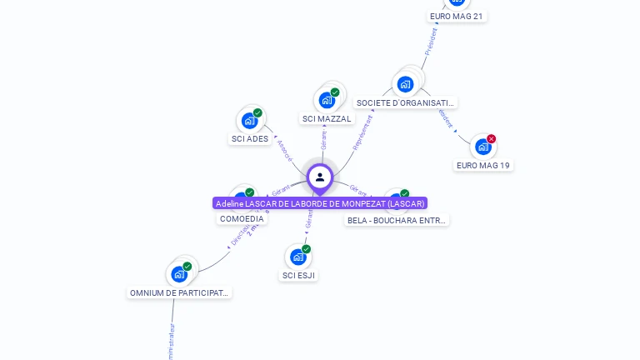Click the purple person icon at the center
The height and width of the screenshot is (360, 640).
coord(320,177)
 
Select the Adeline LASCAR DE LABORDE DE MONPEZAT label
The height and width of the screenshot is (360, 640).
coord(320,203)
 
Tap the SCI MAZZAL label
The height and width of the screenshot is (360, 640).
coord(327,118)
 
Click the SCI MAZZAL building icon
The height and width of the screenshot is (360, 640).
coord(327,100)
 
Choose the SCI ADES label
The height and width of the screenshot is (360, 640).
coord(250,138)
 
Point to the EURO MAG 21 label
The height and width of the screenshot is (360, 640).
coord(456,16)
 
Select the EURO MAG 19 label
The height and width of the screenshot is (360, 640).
coord(483,165)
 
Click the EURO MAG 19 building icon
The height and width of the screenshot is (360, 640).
coord(482,147)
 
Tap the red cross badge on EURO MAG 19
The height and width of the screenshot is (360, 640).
coord(491,139)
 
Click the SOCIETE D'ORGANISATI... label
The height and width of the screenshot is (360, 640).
coord(405,102)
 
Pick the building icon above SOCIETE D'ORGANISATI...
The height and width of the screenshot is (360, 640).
coord(406,83)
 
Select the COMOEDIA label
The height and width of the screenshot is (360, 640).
coord(242,218)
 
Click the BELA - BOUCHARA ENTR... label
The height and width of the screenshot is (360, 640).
coord(397,220)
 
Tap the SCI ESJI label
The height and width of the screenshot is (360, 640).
coord(299,275)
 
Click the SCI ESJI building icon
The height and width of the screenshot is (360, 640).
coord(298,257)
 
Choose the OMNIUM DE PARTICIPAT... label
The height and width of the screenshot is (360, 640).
coord(179,292)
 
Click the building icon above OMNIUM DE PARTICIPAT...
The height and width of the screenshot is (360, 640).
coord(179,273)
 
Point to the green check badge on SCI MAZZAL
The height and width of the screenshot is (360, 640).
coord(335,92)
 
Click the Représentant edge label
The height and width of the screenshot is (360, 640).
coord(362,132)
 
